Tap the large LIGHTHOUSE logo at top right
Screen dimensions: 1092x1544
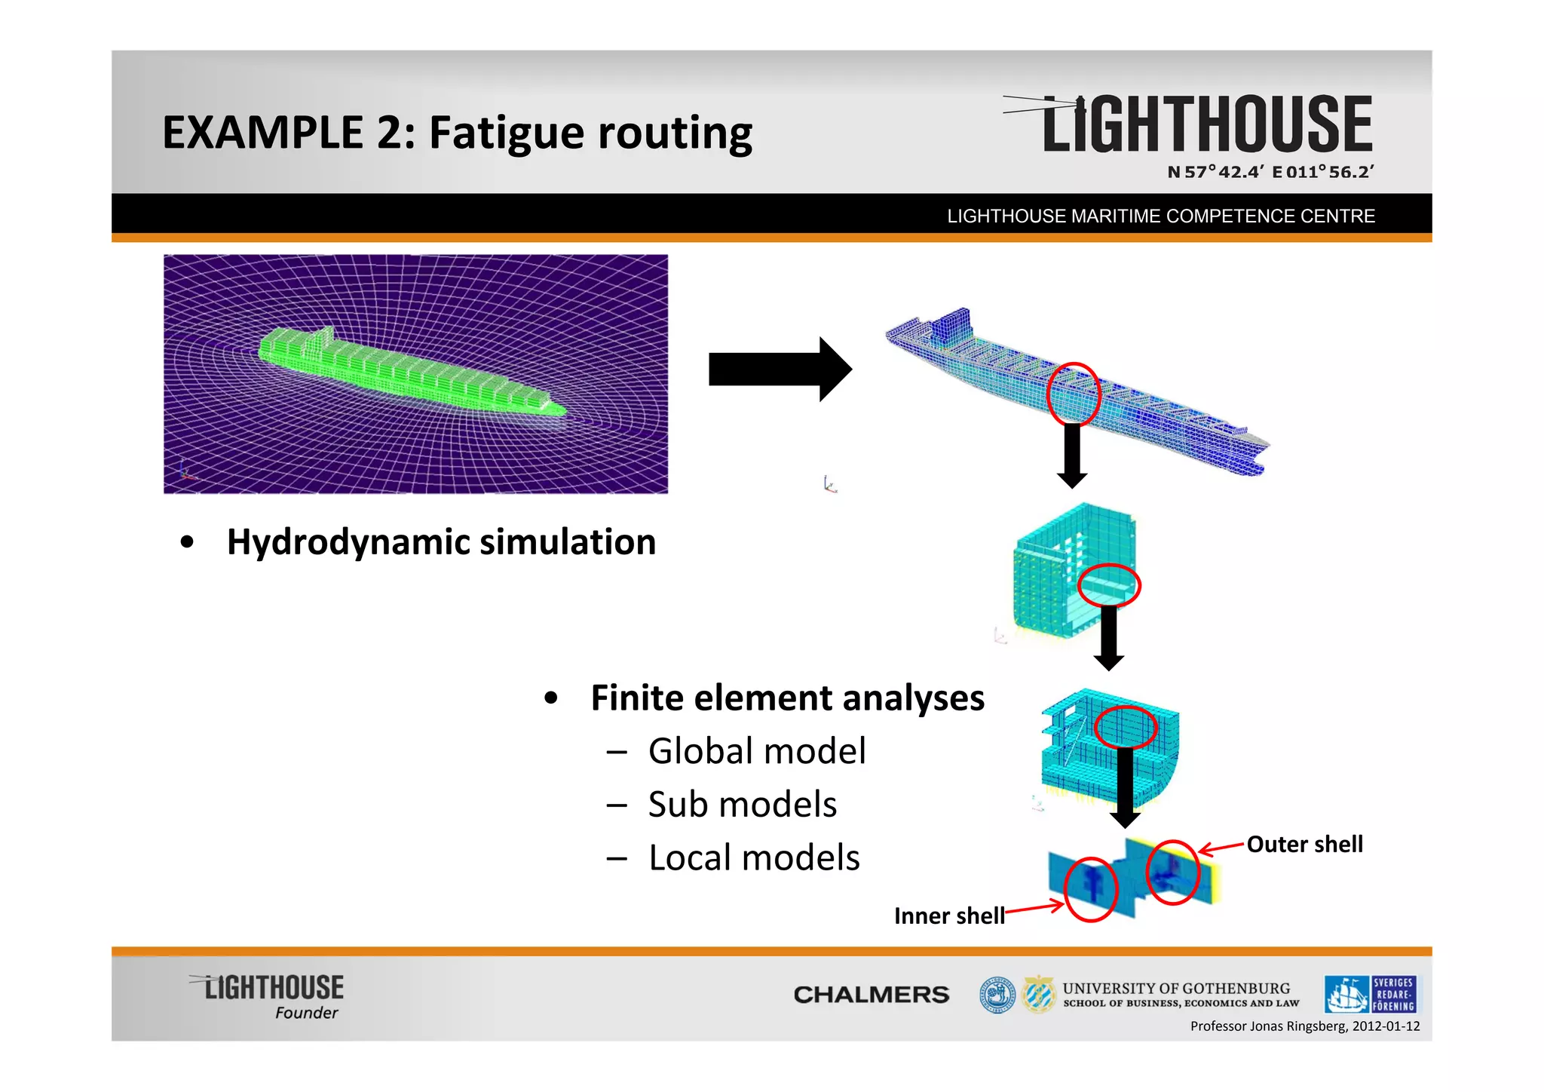click(1206, 124)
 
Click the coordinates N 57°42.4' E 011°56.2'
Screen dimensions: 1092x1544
click(1270, 172)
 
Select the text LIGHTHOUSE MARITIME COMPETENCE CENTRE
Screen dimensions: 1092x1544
click(1161, 216)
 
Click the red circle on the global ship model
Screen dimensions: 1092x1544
click(1074, 394)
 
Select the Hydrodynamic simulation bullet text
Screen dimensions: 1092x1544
click(441, 541)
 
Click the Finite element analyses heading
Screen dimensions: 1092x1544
click(787, 698)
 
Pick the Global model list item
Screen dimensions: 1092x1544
click(757, 751)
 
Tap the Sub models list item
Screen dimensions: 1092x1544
click(742, 805)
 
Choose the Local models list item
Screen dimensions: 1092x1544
click(754, 858)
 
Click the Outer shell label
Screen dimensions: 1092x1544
click(1304, 844)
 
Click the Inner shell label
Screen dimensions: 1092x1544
click(949, 916)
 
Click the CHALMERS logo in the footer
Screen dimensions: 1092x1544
click(871, 995)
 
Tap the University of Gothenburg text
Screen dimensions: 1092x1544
click(1176, 989)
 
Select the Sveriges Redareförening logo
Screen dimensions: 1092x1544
click(1370, 994)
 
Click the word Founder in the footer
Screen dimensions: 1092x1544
click(306, 1013)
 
